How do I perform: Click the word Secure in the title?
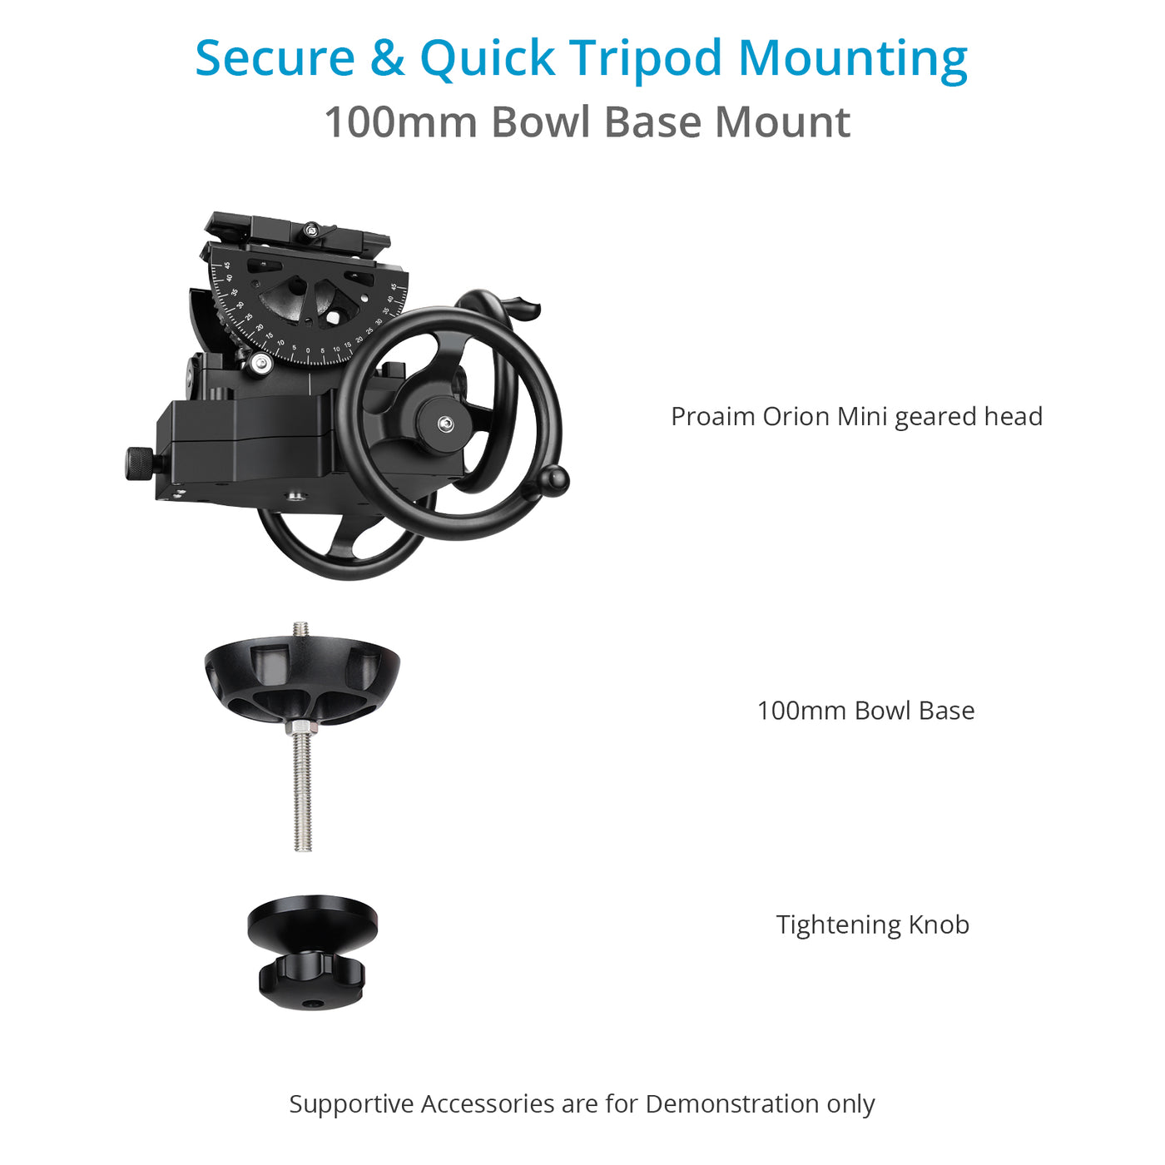pos(275,58)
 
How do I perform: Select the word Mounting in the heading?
pos(853,58)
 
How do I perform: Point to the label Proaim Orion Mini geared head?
pos(856,416)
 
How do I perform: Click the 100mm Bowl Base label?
pos(865,711)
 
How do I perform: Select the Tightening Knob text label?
pos(873,925)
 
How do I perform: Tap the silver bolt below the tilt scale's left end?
pos(261,363)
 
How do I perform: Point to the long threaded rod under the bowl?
pos(302,791)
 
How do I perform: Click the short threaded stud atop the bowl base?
pos(300,630)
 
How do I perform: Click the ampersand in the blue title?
pos(387,58)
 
